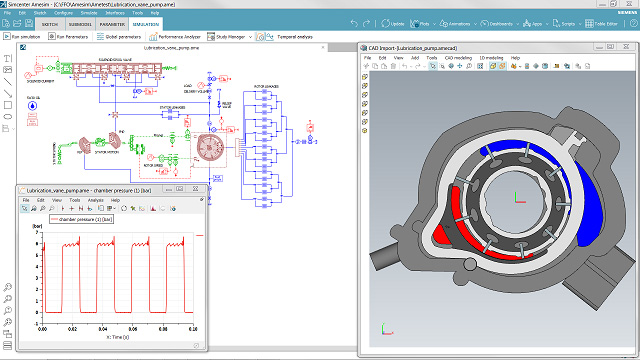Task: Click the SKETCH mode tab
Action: (x=53, y=22)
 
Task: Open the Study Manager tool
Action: (x=232, y=36)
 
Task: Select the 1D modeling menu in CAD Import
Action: (x=492, y=58)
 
